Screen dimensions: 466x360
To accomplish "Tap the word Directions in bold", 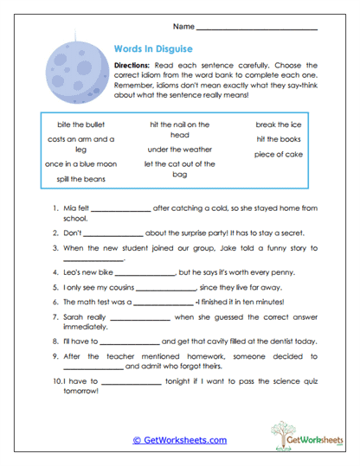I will click(x=132, y=66).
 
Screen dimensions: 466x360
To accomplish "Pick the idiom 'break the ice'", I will click(x=277, y=124).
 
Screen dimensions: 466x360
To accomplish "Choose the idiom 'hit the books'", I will click(x=277, y=139).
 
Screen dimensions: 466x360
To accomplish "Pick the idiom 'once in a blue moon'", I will click(x=80, y=163).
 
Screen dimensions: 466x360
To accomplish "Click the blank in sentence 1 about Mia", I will click(x=120, y=210).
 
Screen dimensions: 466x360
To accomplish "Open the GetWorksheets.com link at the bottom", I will click(x=180, y=440).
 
